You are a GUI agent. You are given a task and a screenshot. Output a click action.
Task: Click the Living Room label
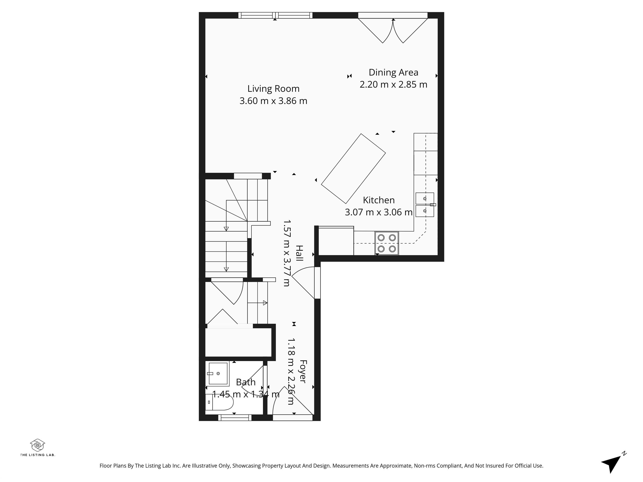point(273,89)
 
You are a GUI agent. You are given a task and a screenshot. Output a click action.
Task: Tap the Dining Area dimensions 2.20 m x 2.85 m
point(393,85)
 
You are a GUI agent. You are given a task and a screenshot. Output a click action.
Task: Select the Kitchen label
point(379,200)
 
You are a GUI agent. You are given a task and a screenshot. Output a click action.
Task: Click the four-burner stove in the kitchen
point(387,243)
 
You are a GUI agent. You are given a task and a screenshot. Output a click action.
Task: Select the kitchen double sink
point(425,205)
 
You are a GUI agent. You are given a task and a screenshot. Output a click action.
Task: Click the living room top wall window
point(275,15)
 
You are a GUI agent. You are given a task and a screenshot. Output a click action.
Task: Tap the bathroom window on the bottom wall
point(235,418)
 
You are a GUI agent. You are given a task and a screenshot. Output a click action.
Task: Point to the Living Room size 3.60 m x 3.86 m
point(273,101)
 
